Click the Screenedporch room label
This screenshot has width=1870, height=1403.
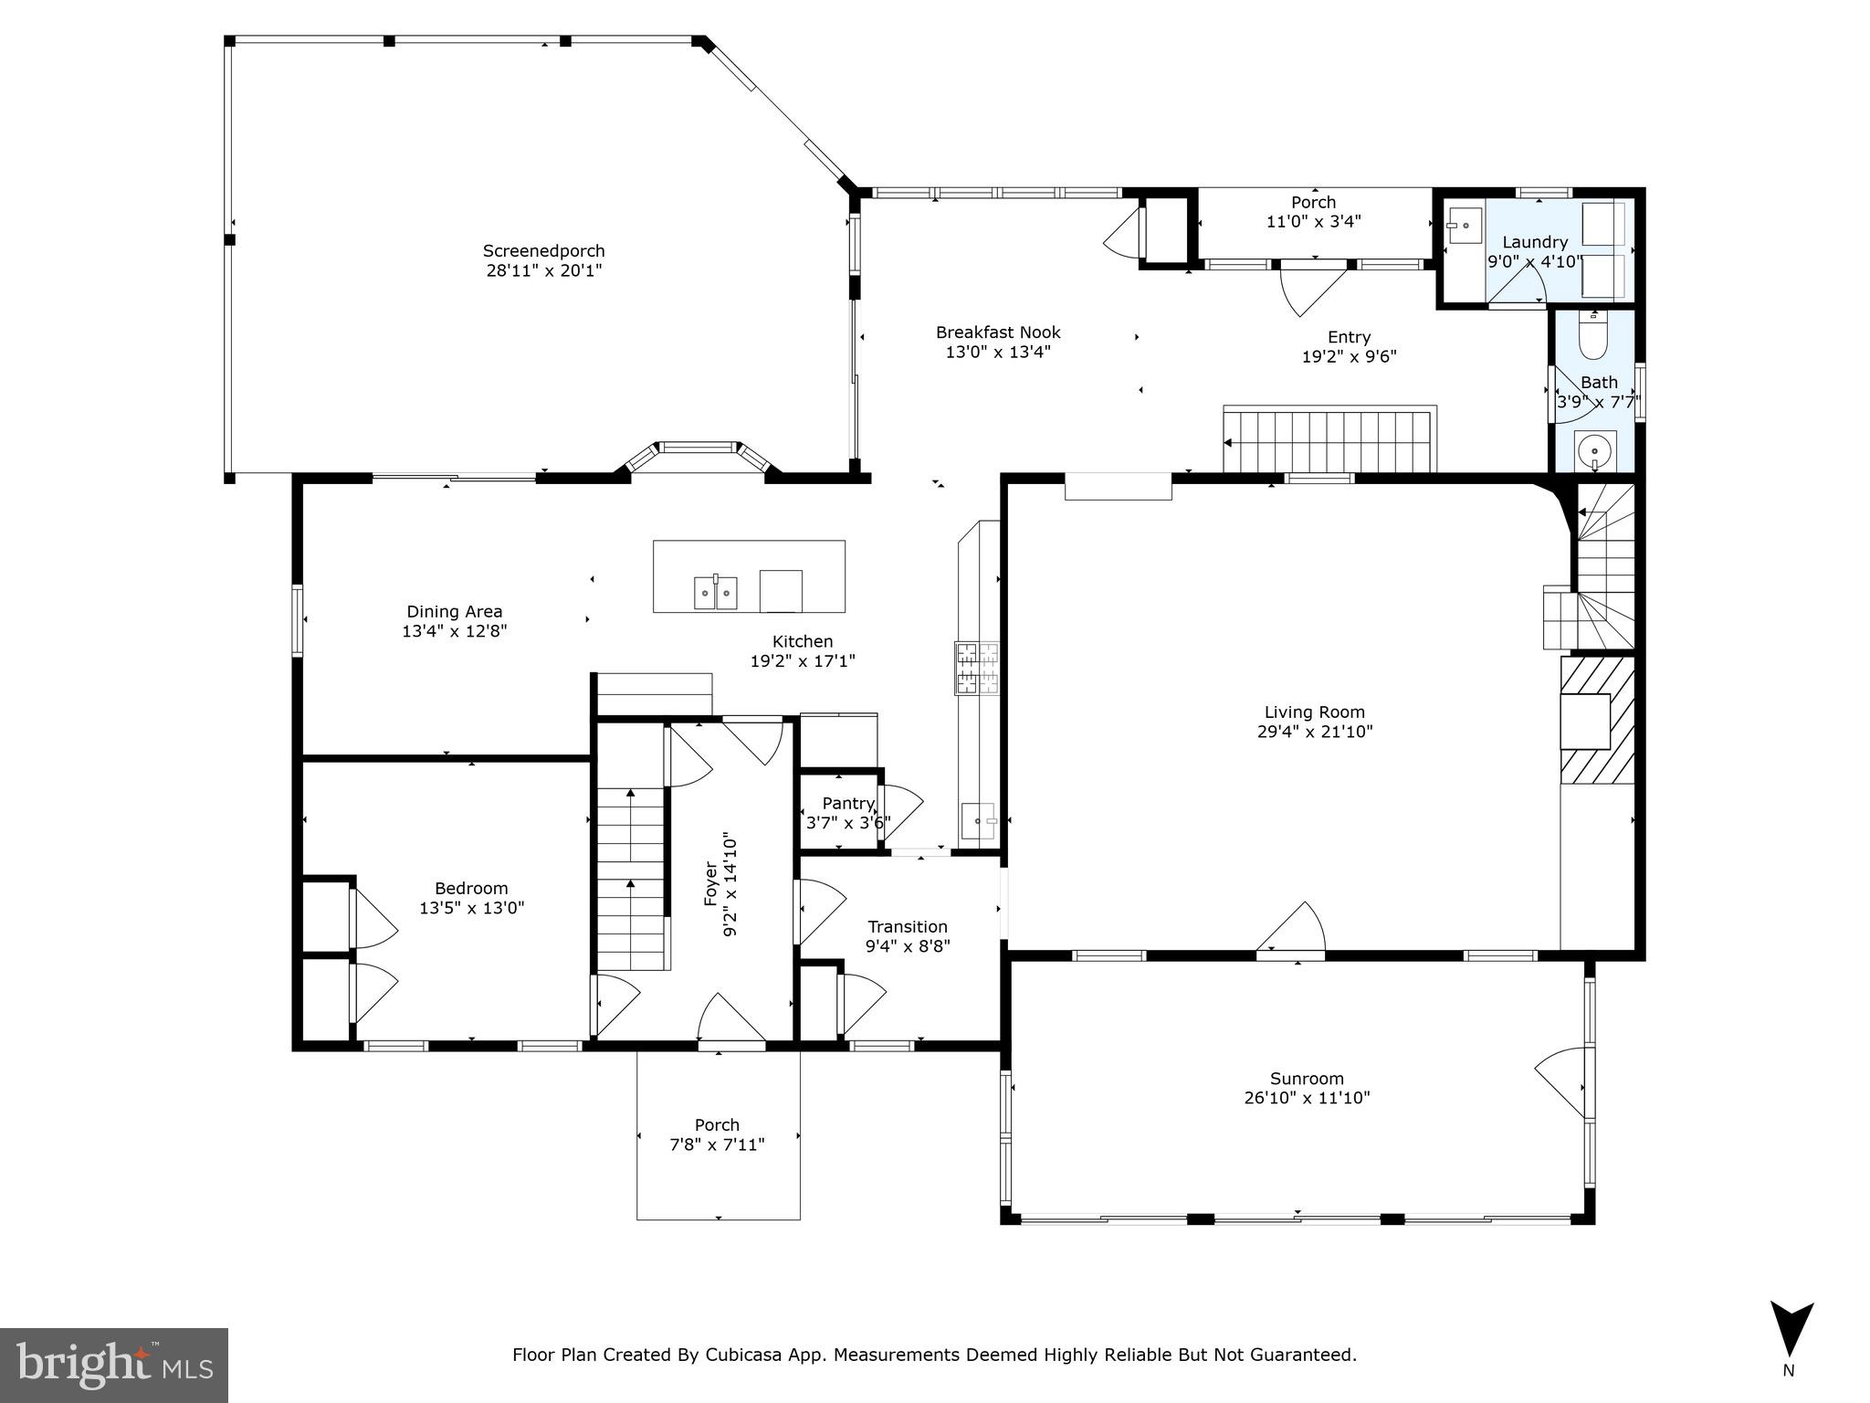point(543,250)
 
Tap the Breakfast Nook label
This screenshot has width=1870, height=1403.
point(998,332)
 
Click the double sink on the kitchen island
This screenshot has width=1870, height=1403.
point(716,592)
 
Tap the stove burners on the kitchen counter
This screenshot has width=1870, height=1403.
point(977,669)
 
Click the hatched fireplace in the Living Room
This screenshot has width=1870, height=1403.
point(1597,720)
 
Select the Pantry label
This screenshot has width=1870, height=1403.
point(848,803)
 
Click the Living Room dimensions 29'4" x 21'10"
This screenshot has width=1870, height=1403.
point(1315,732)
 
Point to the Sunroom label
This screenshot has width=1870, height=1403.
point(1307,1079)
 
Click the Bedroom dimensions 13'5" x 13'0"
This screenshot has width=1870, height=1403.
point(472,908)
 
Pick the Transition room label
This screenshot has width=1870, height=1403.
point(908,926)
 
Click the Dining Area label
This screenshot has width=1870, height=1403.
point(455,612)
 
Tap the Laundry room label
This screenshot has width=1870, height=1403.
point(1535,242)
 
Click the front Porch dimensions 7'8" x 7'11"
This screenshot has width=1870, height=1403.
point(717,1145)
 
